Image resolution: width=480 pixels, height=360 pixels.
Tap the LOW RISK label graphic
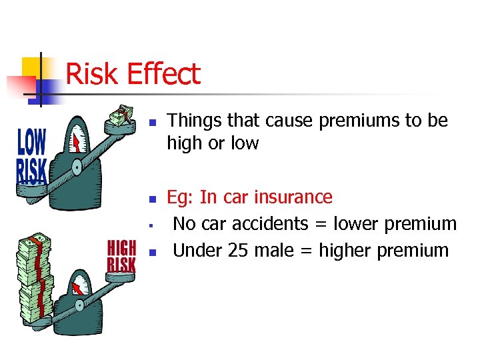click(31, 157)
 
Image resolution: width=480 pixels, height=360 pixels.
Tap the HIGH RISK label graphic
click(122, 256)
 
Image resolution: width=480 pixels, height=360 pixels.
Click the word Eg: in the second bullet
click(180, 197)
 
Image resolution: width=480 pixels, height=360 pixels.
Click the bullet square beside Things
click(152, 123)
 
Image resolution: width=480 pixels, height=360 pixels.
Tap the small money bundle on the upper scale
click(119, 117)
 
